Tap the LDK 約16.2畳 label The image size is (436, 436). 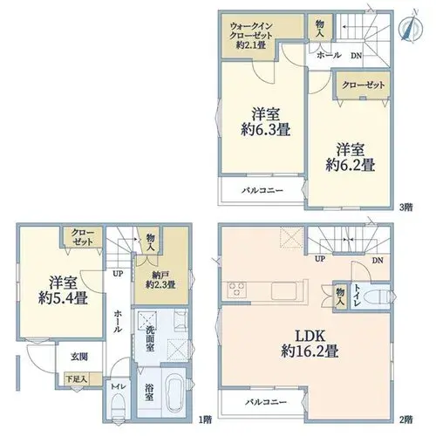tap(310, 344)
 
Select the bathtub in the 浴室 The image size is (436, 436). tap(174, 392)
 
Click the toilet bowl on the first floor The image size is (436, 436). tap(119, 406)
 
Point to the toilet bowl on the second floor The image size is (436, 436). tap(377, 297)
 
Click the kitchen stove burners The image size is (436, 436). tap(237, 290)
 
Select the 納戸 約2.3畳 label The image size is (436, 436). tap(160, 280)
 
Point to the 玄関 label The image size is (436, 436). tap(79, 357)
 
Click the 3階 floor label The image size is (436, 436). tap(406, 208)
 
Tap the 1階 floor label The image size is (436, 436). tap(205, 419)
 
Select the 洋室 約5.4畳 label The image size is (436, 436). tap(63, 290)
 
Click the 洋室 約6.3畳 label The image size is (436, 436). tap(266, 122)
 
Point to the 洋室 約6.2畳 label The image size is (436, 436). tap(351, 157)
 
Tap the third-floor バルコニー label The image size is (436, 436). tap(262, 191)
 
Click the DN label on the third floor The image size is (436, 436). tap(356, 56)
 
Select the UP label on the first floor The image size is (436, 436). tap(118, 274)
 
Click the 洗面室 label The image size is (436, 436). tap(150, 338)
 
